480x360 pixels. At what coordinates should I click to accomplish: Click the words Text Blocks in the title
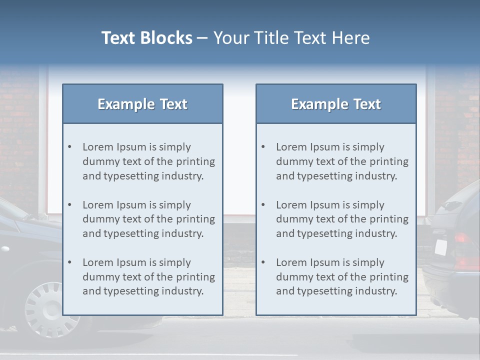146,38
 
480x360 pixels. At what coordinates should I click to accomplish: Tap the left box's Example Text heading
142,104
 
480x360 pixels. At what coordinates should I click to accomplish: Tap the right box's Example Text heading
336,104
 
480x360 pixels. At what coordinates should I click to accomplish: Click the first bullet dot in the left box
70,147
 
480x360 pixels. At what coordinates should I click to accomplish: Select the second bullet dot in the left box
70,205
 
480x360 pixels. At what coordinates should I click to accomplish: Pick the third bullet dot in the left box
70,262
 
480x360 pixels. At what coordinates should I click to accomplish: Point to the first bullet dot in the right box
263,147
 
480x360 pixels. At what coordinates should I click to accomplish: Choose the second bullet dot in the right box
263,205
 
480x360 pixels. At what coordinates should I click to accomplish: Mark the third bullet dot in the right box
263,262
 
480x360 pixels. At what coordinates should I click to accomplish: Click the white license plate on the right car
440,247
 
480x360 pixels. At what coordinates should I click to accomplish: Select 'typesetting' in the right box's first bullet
322,176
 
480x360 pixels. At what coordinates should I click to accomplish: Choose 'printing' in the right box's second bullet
389,219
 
